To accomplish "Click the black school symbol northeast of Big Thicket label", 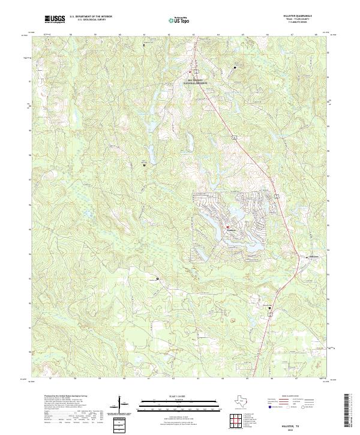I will point(235,67).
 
